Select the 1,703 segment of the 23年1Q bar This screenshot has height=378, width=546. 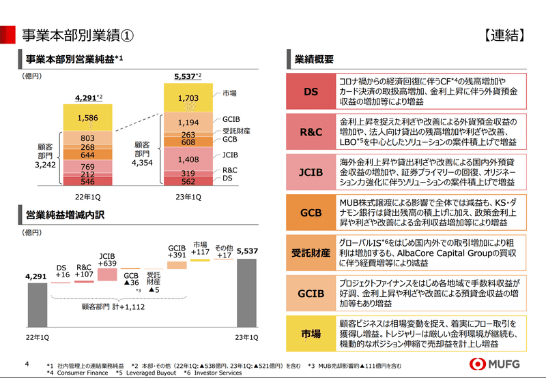pos(188,98)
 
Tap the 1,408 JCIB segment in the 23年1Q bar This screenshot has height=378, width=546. pos(188,160)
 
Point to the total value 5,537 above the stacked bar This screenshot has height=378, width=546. pos(186,76)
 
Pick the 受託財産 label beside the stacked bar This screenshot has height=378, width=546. pos(235,131)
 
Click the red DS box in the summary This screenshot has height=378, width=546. pos(311,91)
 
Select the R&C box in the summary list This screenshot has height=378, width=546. pos(311,132)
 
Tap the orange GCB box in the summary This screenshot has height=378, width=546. pos(311,212)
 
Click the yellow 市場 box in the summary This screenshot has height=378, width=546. pos(311,334)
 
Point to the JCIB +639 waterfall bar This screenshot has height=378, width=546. pos(108,274)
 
